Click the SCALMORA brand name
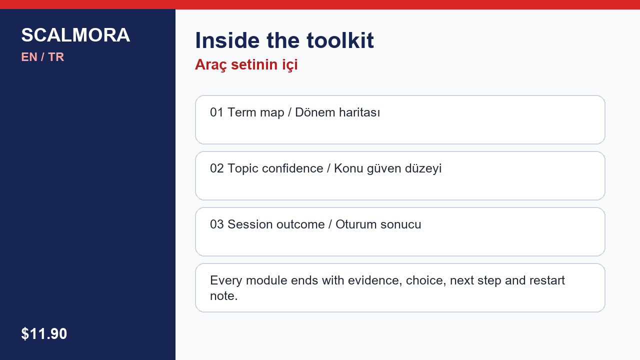pos(75,35)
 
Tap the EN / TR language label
pos(42,57)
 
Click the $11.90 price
pos(44,333)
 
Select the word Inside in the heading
pos(227,40)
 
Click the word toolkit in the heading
pos(340,40)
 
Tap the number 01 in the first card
pos(216,112)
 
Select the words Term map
pos(255,113)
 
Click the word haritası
pos(359,112)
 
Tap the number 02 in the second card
pos(216,168)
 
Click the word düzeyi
pos(423,169)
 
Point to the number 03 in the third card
pos(216,224)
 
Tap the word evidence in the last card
pos(375,280)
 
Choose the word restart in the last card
pos(547,280)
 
